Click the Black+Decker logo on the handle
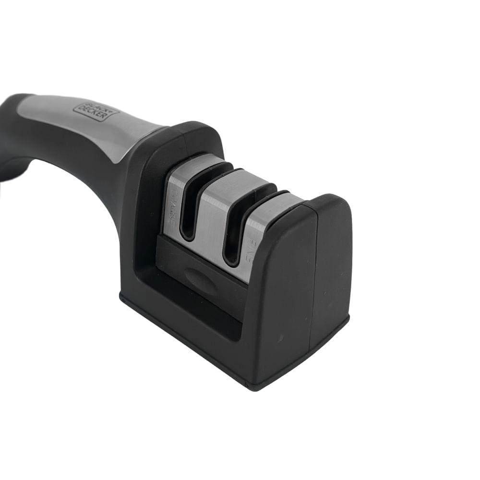96,110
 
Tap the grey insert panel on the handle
96,125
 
